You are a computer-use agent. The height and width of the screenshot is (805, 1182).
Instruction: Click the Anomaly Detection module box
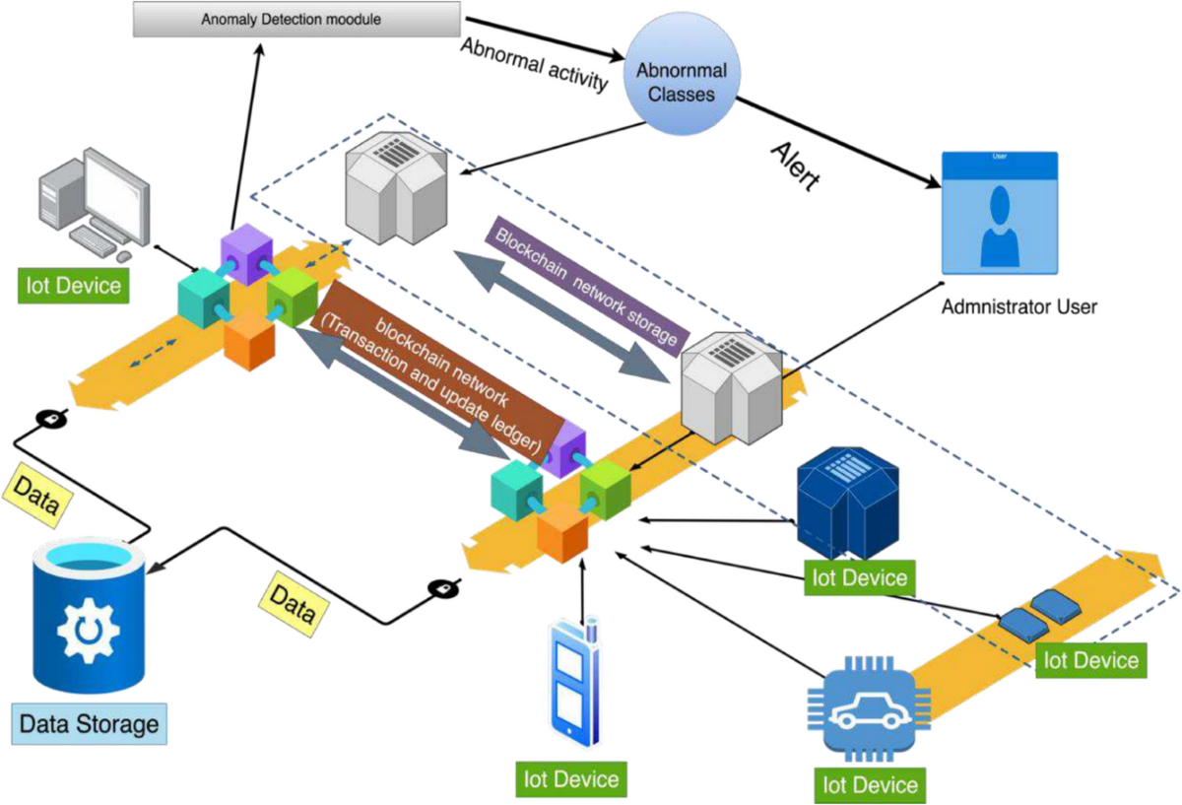[295, 20]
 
